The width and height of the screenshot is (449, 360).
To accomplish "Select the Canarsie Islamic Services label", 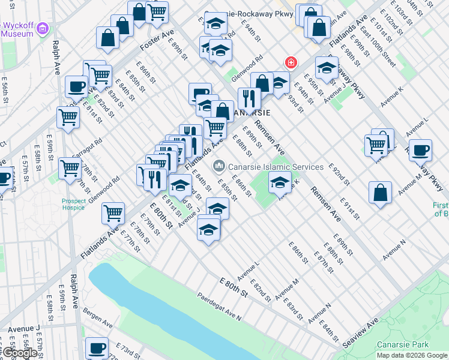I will coord(270,166).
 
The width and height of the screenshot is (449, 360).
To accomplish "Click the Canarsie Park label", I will coord(403,344).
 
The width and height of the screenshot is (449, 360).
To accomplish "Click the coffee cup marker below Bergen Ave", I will coord(96,347).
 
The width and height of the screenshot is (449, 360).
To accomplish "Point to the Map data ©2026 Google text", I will coord(412,355).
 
